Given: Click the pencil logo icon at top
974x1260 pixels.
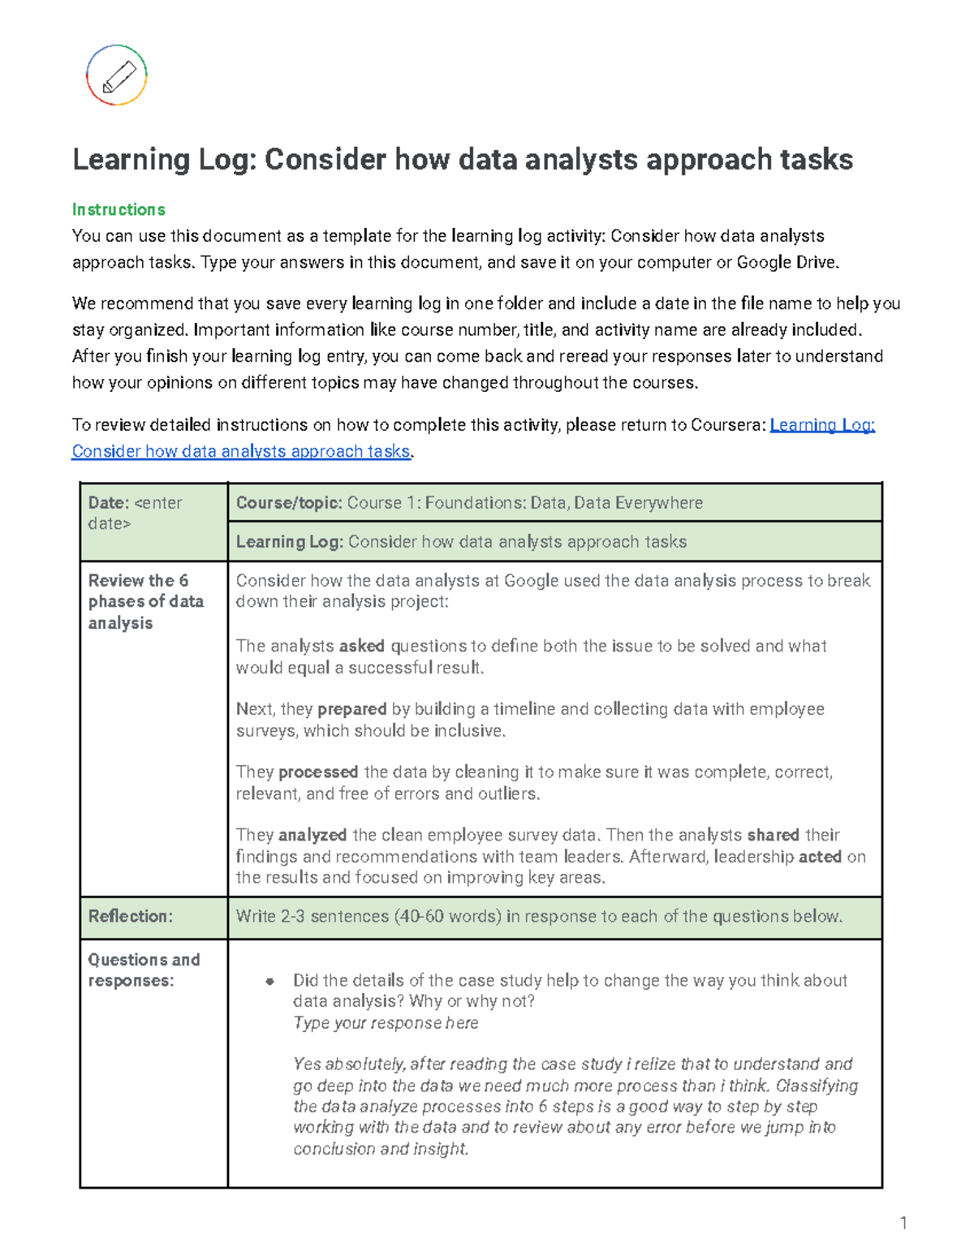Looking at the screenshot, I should click(x=117, y=75).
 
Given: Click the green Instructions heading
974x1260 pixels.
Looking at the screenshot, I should click(x=119, y=209).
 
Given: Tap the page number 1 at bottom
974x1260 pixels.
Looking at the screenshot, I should click(x=903, y=1223).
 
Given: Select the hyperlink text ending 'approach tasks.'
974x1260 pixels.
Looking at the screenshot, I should click(x=241, y=451).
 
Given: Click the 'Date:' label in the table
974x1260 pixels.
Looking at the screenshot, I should click(x=109, y=503).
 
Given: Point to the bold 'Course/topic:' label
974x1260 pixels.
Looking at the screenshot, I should click(x=288, y=503).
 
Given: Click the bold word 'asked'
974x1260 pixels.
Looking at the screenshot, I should click(x=361, y=646).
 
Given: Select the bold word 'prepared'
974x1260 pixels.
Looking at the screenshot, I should click(x=351, y=709).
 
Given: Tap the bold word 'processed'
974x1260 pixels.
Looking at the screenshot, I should click(x=317, y=772).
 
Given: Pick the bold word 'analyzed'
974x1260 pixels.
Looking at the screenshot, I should click(x=312, y=835).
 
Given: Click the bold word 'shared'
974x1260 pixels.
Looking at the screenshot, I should click(x=773, y=835).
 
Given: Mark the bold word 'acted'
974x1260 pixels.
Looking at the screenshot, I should click(x=819, y=857).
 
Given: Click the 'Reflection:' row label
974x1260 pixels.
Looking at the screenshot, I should click(x=130, y=916).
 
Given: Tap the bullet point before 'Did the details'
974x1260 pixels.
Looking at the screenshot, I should click(x=269, y=981).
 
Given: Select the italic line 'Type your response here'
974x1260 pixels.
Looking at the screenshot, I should click(x=386, y=1023).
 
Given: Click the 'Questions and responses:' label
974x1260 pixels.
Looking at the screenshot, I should click(x=144, y=970).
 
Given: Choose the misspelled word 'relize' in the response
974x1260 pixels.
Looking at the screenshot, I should click(x=655, y=1064).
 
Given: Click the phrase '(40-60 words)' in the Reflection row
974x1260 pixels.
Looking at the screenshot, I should click(x=447, y=916).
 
